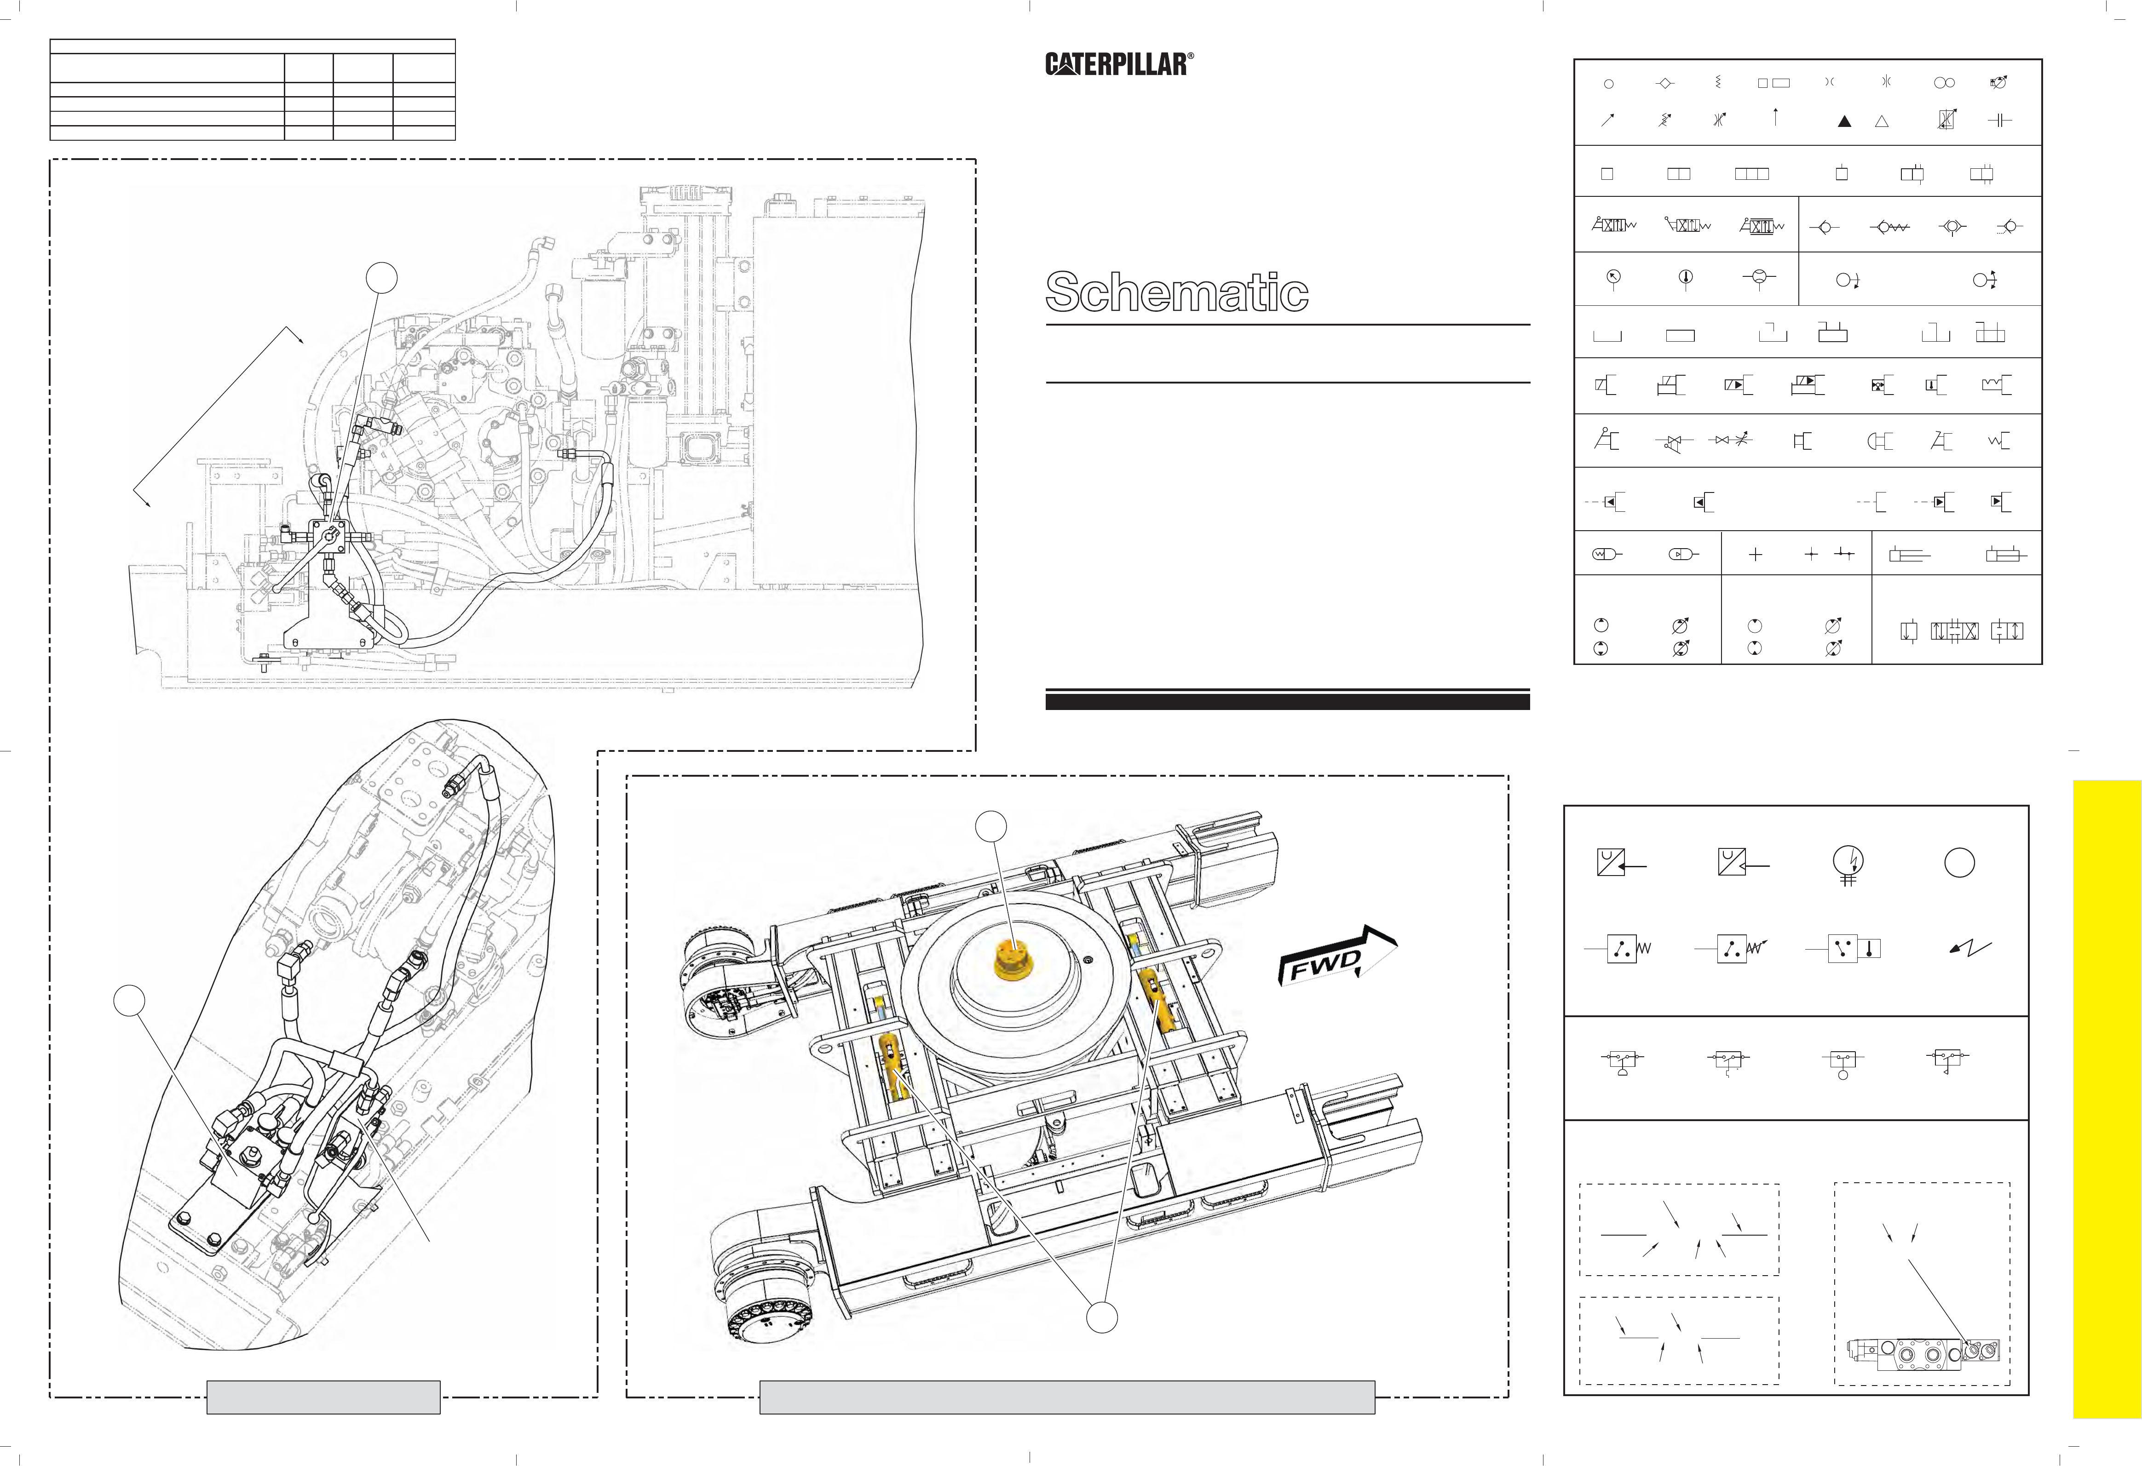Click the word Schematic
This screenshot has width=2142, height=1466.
click(1177, 292)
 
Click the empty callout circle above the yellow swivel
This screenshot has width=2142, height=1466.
click(993, 826)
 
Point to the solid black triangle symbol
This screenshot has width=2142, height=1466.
click(1844, 120)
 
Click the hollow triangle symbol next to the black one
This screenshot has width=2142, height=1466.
click(1882, 120)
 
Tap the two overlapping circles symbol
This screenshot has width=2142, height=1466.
click(1944, 83)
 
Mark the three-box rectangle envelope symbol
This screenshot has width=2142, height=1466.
click(1751, 173)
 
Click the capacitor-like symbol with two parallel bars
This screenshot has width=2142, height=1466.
click(1999, 120)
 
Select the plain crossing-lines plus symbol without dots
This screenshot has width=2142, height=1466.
click(1755, 555)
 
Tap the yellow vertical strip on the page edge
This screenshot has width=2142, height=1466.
click(2107, 1096)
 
